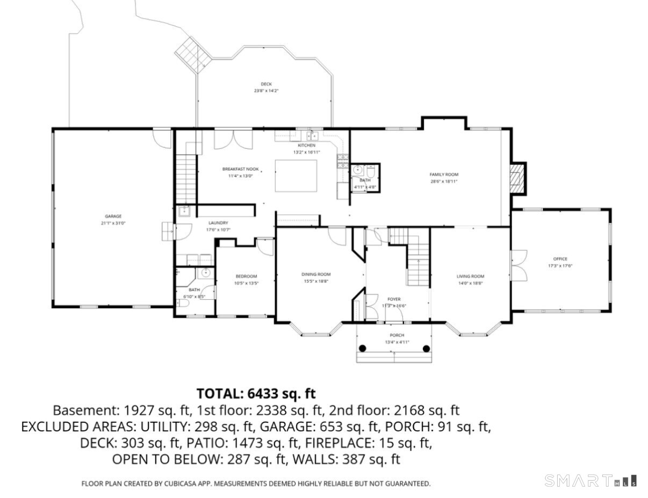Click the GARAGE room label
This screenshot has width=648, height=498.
click(113, 216)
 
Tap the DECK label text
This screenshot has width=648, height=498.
click(266, 84)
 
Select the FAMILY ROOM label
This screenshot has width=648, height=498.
click(443, 175)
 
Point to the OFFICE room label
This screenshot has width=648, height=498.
click(560, 259)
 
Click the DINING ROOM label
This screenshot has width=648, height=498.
click(315, 274)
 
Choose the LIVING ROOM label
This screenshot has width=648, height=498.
click(470, 276)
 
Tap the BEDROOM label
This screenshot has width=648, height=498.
click(246, 276)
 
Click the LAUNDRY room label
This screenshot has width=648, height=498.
click(218, 222)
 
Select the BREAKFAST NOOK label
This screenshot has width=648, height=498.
click(240, 169)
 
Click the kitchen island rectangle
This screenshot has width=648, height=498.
click(296, 176)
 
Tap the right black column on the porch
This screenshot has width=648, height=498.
click(426, 348)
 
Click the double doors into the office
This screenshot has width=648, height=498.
click(517, 265)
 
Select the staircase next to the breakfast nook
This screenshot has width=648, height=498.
click(186, 177)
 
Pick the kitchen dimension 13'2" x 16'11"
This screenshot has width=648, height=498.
click(306, 152)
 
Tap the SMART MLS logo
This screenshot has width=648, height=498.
click(591, 480)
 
